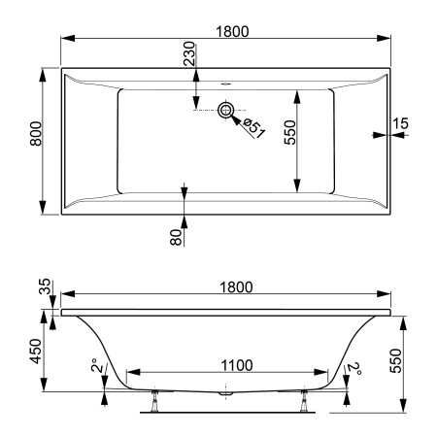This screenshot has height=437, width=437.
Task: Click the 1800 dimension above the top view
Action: (x=232, y=31)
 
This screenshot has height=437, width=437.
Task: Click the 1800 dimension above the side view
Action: (x=236, y=287)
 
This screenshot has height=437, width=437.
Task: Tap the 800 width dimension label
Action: (x=36, y=134)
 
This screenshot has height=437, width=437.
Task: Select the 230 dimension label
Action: (x=189, y=53)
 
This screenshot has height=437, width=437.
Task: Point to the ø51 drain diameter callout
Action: (x=253, y=128)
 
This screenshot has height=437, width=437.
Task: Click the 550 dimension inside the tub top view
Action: (x=289, y=132)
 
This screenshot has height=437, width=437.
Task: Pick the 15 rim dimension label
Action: (x=400, y=123)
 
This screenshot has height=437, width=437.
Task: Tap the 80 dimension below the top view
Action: (x=177, y=237)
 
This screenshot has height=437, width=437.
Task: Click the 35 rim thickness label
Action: (x=45, y=286)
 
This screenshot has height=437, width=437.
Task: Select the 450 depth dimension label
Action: (x=36, y=352)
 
